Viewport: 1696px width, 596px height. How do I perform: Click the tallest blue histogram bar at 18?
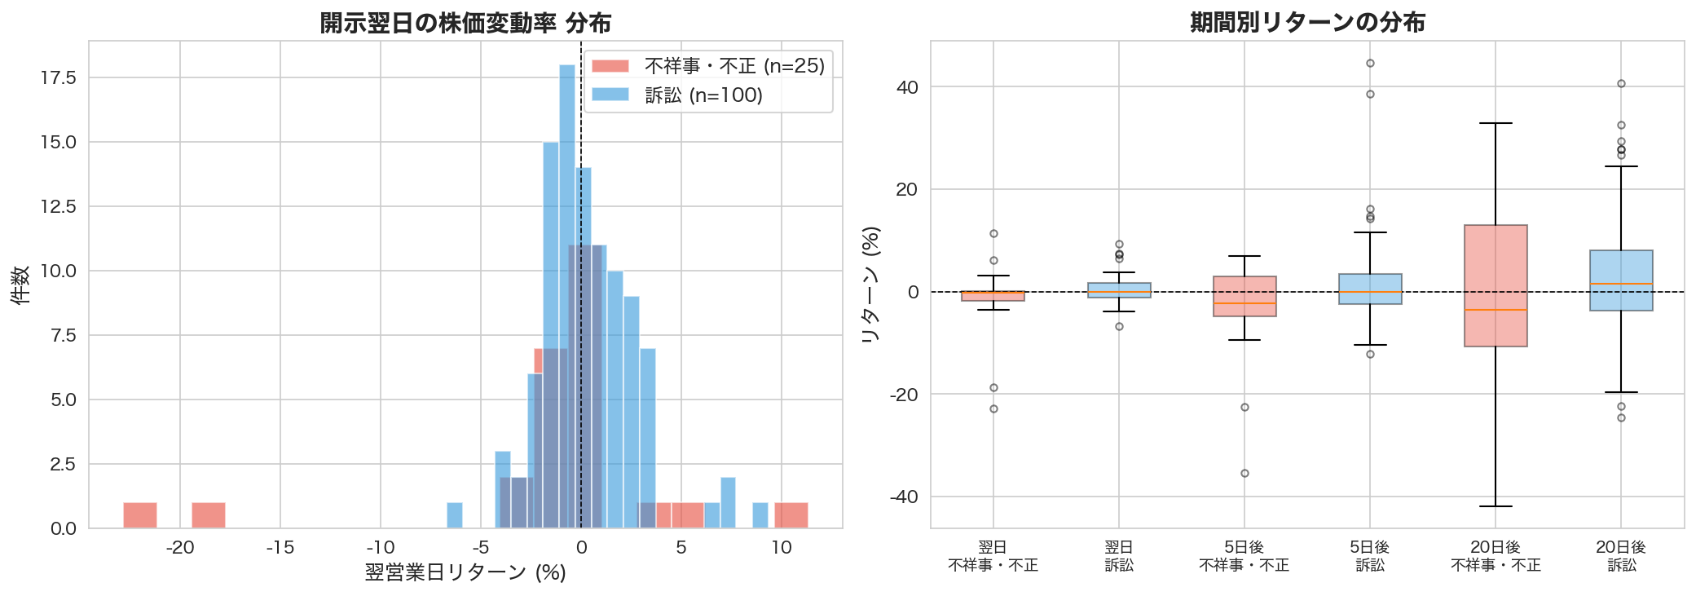point(567,294)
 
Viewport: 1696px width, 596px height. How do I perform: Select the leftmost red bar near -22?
point(139,515)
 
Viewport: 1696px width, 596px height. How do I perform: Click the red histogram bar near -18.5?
point(208,515)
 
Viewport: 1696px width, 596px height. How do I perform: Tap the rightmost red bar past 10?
point(791,515)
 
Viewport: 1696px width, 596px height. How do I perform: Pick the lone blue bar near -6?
point(455,515)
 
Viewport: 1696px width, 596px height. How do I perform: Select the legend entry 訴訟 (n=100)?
point(703,95)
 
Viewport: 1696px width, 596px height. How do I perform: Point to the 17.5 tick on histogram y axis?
point(58,77)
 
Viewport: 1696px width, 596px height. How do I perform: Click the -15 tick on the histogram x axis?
point(280,548)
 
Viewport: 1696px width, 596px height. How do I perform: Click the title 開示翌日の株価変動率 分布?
point(465,23)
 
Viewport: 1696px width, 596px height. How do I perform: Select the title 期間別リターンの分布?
point(1307,22)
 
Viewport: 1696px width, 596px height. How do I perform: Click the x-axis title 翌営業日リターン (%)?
point(465,573)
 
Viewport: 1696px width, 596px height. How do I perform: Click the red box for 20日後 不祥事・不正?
point(1496,285)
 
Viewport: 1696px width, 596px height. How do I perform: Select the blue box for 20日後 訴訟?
point(1621,280)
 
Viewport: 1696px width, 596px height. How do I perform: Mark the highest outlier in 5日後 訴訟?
point(1370,64)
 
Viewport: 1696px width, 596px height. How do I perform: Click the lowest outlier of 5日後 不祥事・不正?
point(1244,474)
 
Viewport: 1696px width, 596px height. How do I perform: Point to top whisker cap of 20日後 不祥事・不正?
point(1496,123)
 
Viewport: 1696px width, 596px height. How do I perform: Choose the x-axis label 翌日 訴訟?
point(1119,556)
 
